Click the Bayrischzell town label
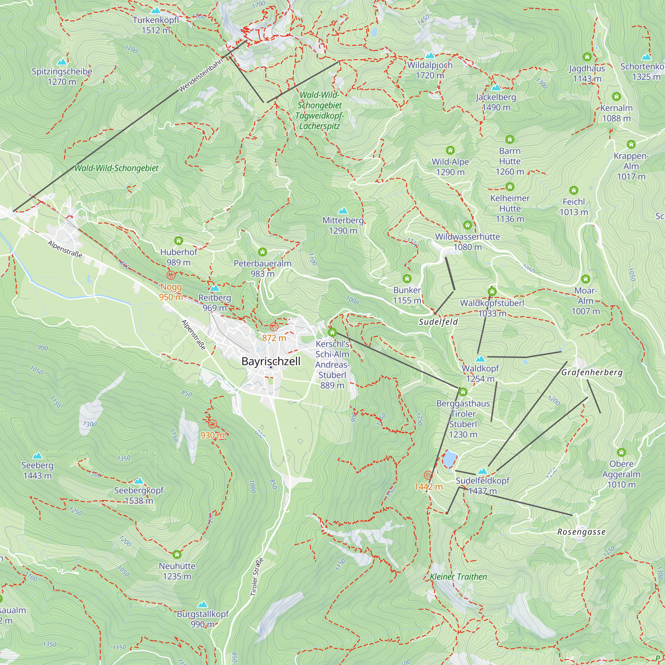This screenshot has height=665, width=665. pyautogui.click(x=271, y=361)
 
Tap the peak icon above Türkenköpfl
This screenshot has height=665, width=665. pyautogui.click(x=156, y=10)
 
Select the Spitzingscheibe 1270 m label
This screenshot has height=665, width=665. pyautogui.click(x=62, y=76)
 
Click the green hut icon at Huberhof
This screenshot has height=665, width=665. pyautogui.click(x=178, y=240)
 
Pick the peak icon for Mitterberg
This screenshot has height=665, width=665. pyautogui.click(x=342, y=211)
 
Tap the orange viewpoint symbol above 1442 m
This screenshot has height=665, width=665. pyautogui.click(x=428, y=475)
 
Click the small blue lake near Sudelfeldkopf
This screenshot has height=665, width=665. pyautogui.click(x=449, y=459)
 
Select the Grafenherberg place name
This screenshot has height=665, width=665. pyautogui.click(x=592, y=372)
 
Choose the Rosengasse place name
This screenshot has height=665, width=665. pyautogui.click(x=581, y=532)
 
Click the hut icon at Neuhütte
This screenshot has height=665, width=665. pyautogui.click(x=177, y=554)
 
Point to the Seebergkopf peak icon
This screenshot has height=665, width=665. pyautogui.click(x=139, y=480)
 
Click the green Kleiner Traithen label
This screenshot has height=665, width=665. pyautogui.click(x=459, y=577)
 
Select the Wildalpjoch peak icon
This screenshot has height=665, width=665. pyautogui.click(x=430, y=55)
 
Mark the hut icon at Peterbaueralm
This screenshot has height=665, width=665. pyautogui.click(x=262, y=252)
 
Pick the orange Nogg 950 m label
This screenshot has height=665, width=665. pyautogui.click(x=171, y=292)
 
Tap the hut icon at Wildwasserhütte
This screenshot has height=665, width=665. pyautogui.click(x=467, y=225)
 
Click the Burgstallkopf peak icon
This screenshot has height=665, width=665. pyautogui.click(x=203, y=604)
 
